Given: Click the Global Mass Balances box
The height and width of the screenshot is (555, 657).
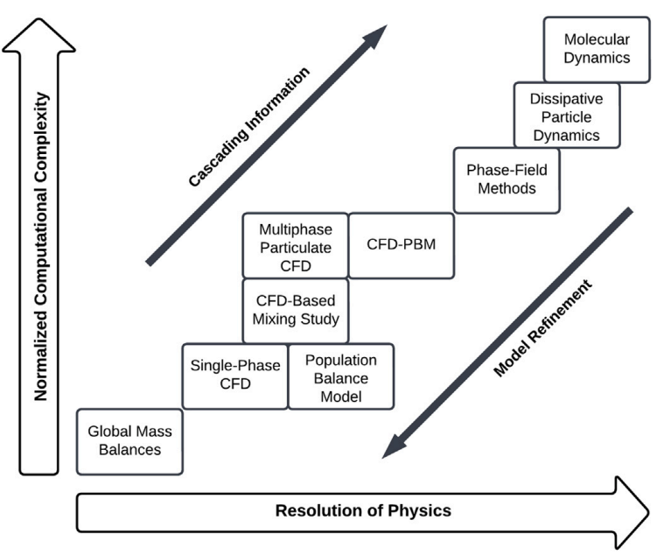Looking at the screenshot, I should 129,441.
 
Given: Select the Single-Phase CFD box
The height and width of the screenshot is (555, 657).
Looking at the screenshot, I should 234,376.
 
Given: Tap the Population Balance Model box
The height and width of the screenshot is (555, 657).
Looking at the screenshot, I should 340,376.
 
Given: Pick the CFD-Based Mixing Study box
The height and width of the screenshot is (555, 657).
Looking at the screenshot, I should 296,310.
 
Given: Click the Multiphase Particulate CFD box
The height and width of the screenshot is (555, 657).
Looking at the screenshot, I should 296,244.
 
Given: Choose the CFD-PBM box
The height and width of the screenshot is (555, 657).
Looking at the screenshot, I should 402,244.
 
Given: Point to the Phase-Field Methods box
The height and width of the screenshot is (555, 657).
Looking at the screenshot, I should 507,179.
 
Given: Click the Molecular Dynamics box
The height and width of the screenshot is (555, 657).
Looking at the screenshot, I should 597,49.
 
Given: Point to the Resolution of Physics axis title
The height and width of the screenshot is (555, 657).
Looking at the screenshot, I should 363,510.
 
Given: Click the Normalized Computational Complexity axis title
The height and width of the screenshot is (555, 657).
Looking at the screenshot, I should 39,248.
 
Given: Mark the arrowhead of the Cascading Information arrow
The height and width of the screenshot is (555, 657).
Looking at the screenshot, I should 377,36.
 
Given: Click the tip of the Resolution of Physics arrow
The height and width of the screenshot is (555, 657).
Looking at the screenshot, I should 646,511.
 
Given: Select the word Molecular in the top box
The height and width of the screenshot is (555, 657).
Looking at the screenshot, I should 597,39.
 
